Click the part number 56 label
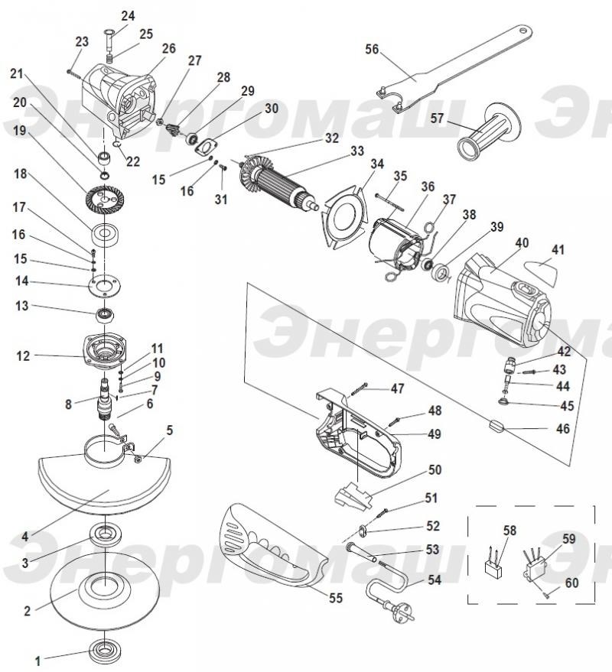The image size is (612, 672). [372, 50]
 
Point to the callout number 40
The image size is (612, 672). [522, 243]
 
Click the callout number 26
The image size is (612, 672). [168, 48]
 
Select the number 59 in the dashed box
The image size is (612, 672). [568, 539]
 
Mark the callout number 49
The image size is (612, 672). [435, 433]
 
